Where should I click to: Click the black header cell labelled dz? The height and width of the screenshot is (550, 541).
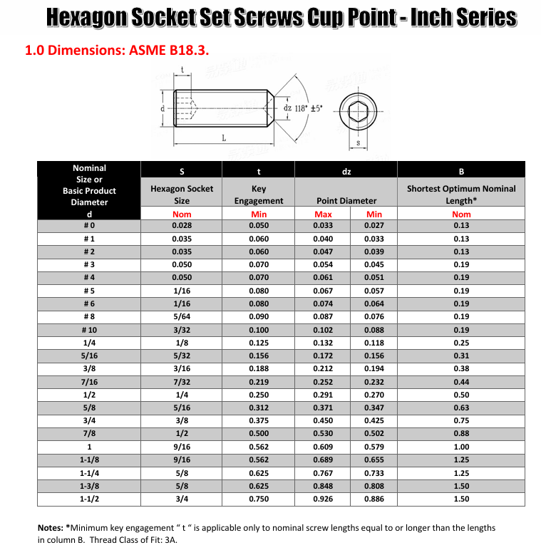click(x=346, y=171)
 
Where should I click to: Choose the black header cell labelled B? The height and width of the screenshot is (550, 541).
click(x=461, y=171)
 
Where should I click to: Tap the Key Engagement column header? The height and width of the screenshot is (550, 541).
click(x=259, y=194)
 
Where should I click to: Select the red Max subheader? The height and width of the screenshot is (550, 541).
click(x=323, y=214)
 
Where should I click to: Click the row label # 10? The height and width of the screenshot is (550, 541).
click(x=89, y=330)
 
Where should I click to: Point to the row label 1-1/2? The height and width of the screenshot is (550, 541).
click(x=89, y=499)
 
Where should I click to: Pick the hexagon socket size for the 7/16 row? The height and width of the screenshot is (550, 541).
click(x=182, y=382)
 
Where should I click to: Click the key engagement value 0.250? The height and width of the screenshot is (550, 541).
click(x=259, y=395)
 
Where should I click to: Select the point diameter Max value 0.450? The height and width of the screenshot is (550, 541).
click(x=323, y=421)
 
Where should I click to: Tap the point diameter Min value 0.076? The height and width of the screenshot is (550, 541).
click(x=374, y=317)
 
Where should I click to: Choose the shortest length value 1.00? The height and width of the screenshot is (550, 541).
click(x=461, y=447)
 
